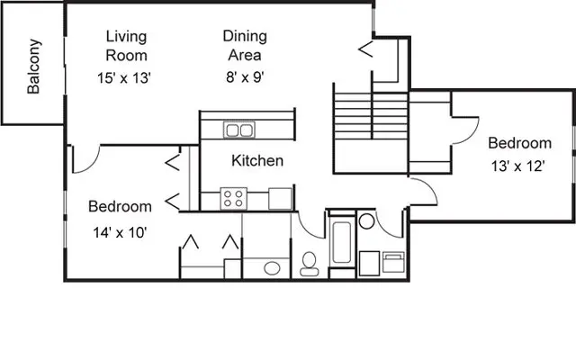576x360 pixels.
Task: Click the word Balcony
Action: coord(33,67)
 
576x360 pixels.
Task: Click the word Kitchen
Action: coord(257,161)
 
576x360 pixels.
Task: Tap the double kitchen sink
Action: coord(238,131)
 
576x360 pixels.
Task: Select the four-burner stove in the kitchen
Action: coord(234,198)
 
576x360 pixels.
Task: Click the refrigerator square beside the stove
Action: coord(280,198)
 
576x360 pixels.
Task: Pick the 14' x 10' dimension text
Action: coord(118,232)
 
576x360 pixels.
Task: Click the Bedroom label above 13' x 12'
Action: coord(519,143)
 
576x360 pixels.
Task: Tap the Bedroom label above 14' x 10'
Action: coord(119,207)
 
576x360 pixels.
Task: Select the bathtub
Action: coord(342,246)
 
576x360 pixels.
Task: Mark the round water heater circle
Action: coord(367,221)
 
